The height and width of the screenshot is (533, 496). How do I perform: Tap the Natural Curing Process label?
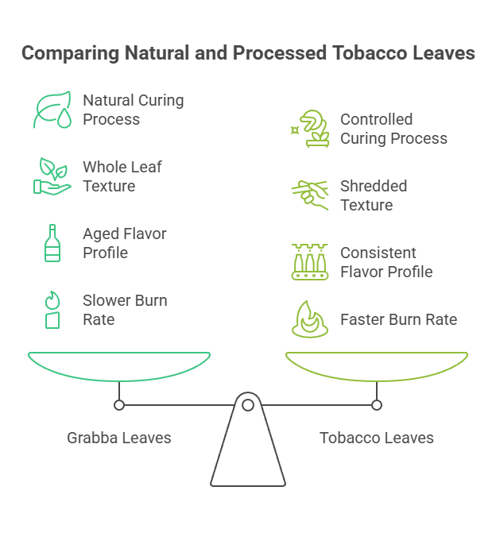pos(133,110)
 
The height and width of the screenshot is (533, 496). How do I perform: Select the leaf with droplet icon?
pos(52,110)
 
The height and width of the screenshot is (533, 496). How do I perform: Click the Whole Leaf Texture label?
pos(122,176)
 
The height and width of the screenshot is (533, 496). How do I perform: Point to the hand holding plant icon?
pos(52,176)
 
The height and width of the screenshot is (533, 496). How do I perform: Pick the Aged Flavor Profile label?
pos(125,243)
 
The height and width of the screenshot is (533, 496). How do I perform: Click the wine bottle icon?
pos(52,243)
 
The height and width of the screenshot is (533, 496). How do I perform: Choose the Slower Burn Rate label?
pos(125,310)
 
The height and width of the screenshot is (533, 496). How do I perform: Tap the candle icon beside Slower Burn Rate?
pos(52,310)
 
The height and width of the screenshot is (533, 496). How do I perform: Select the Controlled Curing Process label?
pos(393,129)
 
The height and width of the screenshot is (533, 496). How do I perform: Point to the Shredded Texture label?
pos(374,195)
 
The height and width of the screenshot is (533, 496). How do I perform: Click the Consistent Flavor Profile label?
pos(386,262)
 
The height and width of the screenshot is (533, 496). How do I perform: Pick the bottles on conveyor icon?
pos(309,263)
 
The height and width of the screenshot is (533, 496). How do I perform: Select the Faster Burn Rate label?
pos(398,319)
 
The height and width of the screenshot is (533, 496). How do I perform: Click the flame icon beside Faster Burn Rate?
pos(309,319)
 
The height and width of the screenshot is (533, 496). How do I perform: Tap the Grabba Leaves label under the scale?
pos(119,438)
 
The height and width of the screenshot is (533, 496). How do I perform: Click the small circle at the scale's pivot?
pos(248,405)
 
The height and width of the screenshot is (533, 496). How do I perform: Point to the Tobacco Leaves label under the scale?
pos(377,438)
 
